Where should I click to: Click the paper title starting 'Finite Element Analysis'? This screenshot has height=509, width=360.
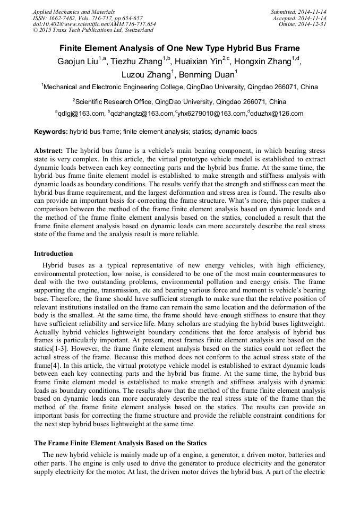(179, 48)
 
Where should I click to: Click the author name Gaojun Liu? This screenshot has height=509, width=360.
(78, 61)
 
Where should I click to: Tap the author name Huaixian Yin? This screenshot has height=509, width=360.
(197, 61)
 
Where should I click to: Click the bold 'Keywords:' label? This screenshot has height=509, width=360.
(51, 131)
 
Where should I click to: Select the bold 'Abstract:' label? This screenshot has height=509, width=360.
(49, 151)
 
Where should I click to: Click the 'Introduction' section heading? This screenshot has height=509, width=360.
(54, 253)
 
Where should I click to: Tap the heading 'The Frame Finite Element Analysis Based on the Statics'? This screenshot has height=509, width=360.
(121, 443)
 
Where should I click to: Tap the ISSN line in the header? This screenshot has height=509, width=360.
(88, 18)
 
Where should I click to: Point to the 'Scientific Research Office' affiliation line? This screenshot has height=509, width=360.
(179, 101)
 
